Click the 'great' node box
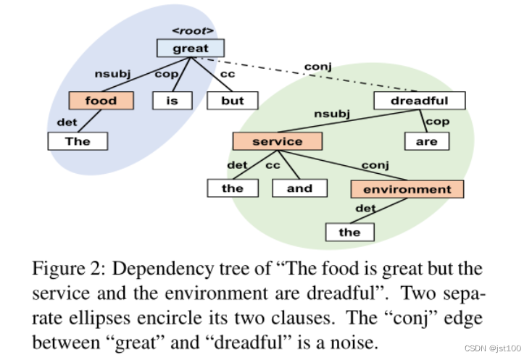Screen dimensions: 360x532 (191, 49)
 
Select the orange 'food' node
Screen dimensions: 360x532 (101, 101)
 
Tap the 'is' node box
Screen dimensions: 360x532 (172, 101)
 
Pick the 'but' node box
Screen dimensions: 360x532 (232, 101)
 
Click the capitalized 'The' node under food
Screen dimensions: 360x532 (78, 141)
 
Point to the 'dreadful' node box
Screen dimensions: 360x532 (420, 101)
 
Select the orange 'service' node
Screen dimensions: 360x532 (277, 141)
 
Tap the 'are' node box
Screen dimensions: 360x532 (426, 141)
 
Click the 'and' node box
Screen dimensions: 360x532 (299, 188)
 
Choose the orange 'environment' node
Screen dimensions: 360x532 (407, 189)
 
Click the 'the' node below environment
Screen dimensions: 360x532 (349, 232)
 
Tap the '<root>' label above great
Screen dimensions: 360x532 (191, 30)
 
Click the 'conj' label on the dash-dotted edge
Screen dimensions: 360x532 (317, 67)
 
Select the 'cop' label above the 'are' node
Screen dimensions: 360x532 (438, 121)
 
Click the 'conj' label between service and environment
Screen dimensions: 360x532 (375, 165)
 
